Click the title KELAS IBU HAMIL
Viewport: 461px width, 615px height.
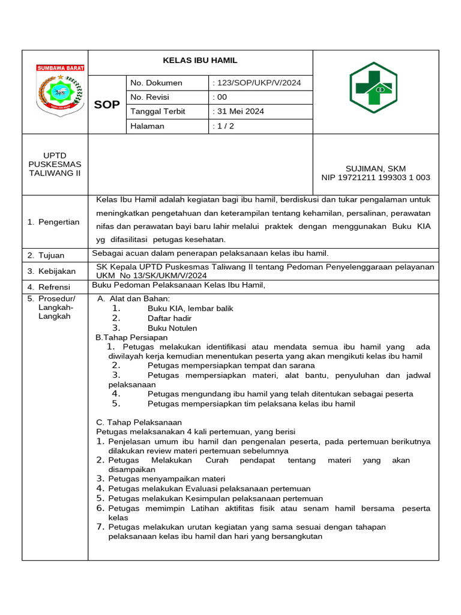click(200, 61)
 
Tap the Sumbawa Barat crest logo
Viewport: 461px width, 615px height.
click(61, 90)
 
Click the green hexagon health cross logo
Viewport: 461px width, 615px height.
click(373, 88)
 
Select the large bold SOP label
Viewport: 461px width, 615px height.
click(107, 105)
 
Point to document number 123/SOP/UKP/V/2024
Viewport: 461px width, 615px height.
click(257, 83)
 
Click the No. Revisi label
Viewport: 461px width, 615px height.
click(149, 97)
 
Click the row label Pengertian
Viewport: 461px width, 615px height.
click(58, 222)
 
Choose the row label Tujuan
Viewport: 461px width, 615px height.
click(51, 255)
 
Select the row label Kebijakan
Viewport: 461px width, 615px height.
click(56, 271)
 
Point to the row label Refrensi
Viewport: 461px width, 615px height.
click(54, 287)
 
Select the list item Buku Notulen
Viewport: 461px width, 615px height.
click(172, 329)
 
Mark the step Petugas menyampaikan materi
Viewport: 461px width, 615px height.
click(166, 479)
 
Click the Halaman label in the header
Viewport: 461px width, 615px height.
click(147, 126)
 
